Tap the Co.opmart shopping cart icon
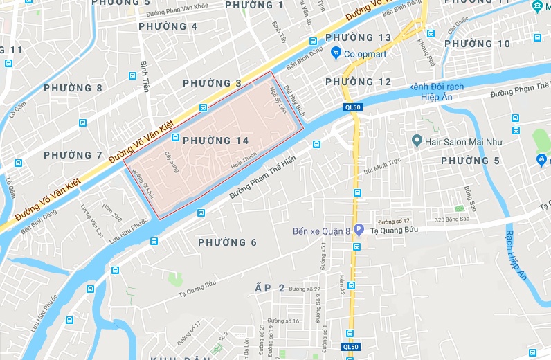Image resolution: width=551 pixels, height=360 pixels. [x=335, y=52]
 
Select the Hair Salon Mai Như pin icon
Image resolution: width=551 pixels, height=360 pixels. [x=417, y=141]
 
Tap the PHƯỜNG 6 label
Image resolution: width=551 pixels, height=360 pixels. [x=227, y=242]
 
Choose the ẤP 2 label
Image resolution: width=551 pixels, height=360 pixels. [x=271, y=288]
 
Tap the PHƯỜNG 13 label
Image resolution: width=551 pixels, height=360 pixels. [x=358, y=37]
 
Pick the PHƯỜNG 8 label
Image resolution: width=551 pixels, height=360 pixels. [x=73, y=88]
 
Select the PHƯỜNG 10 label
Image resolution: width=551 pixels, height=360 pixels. [x=477, y=44]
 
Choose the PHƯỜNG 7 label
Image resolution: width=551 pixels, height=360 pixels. [x=73, y=155]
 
